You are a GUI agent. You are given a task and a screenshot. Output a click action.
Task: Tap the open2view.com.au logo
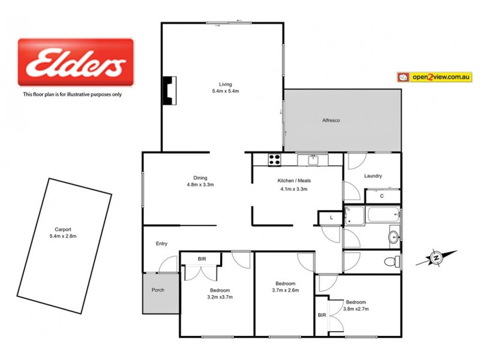pyautogui.click(x=434, y=77)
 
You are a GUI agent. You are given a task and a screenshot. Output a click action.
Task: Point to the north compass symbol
pyautogui.click(x=436, y=258)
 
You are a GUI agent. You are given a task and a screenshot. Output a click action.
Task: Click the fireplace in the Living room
pyautogui.click(x=170, y=89)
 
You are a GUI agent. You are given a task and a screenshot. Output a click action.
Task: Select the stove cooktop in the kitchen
pyautogui.click(x=274, y=160)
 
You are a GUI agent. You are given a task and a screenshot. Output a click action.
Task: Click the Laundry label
pyautogui.click(x=373, y=176)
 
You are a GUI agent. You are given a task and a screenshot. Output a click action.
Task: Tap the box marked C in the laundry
pyautogui.click(x=382, y=196)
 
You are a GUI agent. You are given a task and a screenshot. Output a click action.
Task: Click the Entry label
pyautogui.click(x=162, y=244)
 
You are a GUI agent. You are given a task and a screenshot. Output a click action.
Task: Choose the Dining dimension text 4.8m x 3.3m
pyautogui.click(x=200, y=185)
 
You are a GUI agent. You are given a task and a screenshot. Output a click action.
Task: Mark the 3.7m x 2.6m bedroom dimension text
pyautogui.click(x=285, y=290)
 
